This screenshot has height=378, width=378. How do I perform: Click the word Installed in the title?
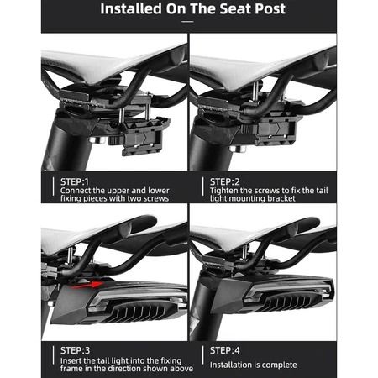click(x=131, y=8)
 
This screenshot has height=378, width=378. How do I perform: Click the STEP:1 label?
click(x=75, y=181)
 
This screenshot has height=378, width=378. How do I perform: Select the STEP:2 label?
click(x=225, y=181)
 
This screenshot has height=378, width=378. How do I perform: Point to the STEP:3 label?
click(x=76, y=350)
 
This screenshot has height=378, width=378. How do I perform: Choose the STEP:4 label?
click(x=225, y=350)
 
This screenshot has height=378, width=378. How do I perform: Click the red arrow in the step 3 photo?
click(x=87, y=285)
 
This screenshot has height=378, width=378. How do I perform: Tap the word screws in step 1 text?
click(x=156, y=198)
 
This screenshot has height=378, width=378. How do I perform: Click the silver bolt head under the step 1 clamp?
click(x=96, y=139)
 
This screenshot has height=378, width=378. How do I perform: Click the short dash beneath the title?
click(x=187, y=22)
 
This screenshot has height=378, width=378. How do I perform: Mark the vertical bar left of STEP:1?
click(x=53, y=186)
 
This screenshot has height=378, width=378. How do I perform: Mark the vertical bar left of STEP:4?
click(x=203, y=355)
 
